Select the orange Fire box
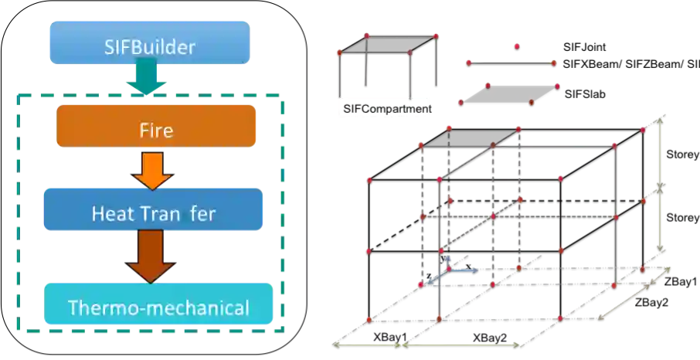point(156,126)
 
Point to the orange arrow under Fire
point(153,168)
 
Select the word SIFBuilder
point(150,47)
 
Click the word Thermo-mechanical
point(158,308)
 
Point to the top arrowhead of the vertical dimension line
point(659,115)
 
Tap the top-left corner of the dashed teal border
point(16,97)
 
